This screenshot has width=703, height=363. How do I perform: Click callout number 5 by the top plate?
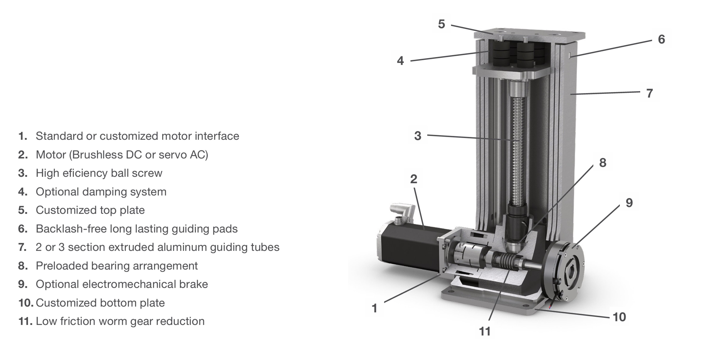click(441, 24)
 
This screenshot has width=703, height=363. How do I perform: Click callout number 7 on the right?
click(650, 93)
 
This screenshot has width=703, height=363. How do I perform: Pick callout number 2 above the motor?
click(414, 179)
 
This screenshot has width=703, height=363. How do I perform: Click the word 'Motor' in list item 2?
click(51, 155)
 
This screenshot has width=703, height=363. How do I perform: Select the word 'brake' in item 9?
click(194, 284)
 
